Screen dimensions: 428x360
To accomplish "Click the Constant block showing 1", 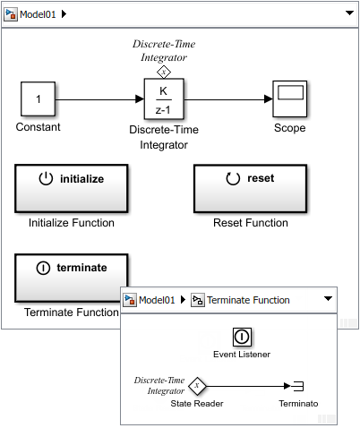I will pyautogui.click(x=38, y=98).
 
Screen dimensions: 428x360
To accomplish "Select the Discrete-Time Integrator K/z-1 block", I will pyautogui.click(x=163, y=98).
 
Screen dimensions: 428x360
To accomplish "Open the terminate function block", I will pyautogui.click(x=71, y=276).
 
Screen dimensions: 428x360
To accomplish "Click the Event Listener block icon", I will pyautogui.click(x=242, y=337).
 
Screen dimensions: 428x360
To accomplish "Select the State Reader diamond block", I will pyautogui.click(x=197, y=386).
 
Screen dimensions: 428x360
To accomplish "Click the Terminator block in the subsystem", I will pyautogui.click(x=298, y=386).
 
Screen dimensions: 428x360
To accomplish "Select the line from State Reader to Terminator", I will pyautogui.click(x=246, y=386).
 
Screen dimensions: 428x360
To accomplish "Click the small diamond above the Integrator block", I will pyautogui.click(x=163, y=71).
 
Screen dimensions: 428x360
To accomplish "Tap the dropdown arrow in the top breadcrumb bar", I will pyautogui.click(x=347, y=14).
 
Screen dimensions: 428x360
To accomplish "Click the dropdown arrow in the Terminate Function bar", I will pyautogui.click(x=328, y=300).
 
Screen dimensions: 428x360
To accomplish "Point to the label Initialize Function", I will pyautogui.click(x=71, y=223).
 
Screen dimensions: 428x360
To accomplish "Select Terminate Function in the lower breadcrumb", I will pyautogui.click(x=248, y=300).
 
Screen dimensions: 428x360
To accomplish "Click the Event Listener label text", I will pyautogui.click(x=242, y=354).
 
